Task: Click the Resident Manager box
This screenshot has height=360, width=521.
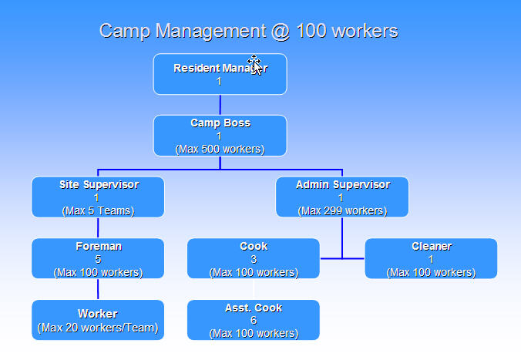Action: [220, 74]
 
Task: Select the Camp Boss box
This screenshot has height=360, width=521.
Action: [220, 136]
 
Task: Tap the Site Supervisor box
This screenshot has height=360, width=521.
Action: [98, 197]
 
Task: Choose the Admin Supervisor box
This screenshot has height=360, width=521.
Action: [342, 197]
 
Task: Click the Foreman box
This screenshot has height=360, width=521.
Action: [98, 258]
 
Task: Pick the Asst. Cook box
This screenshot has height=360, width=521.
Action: [254, 320]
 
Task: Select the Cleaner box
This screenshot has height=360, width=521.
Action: [431, 258]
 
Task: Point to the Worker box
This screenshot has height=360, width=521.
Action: [98, 320]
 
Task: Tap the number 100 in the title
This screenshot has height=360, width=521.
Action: [314, 31]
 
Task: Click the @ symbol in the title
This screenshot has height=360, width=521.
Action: [281, 32]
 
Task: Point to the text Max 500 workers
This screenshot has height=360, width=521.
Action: [220, 150]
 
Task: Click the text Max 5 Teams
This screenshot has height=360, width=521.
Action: [98, 210]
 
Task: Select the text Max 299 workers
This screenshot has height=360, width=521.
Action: [342, 210]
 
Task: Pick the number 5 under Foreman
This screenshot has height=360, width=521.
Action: [98, 259]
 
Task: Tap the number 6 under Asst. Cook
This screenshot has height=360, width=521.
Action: [254, 320]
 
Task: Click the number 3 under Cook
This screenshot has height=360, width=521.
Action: [254, 259]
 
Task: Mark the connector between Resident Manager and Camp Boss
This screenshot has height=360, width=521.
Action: [220, 105]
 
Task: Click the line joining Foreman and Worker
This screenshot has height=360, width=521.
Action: [98, 289]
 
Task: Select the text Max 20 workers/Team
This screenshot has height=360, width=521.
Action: [98, 328]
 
